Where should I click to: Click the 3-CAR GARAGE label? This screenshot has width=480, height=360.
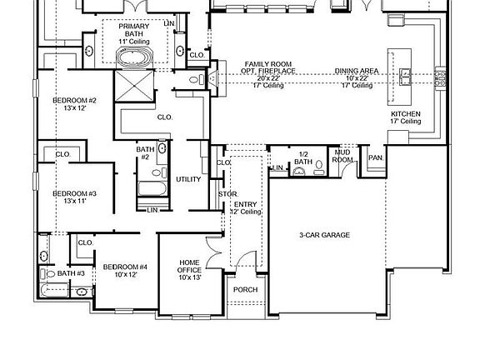(324, 235)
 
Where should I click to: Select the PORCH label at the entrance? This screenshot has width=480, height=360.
(245, 290)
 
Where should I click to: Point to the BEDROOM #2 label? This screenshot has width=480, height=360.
(75, 104)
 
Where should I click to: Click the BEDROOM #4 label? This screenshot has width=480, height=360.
(125, 271)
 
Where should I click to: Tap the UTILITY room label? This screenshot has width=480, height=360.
(187, 179)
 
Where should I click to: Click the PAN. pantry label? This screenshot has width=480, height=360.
(376, 157)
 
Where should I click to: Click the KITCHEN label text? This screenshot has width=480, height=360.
(406, 117)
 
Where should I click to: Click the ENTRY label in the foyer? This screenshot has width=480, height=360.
(246, 204)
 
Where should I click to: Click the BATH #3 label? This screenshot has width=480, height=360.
(71, 273)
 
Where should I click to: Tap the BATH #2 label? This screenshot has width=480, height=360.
(145, 153)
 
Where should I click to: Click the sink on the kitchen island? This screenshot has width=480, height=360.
(406, 77)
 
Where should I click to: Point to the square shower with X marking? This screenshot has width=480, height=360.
(130, 86)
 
